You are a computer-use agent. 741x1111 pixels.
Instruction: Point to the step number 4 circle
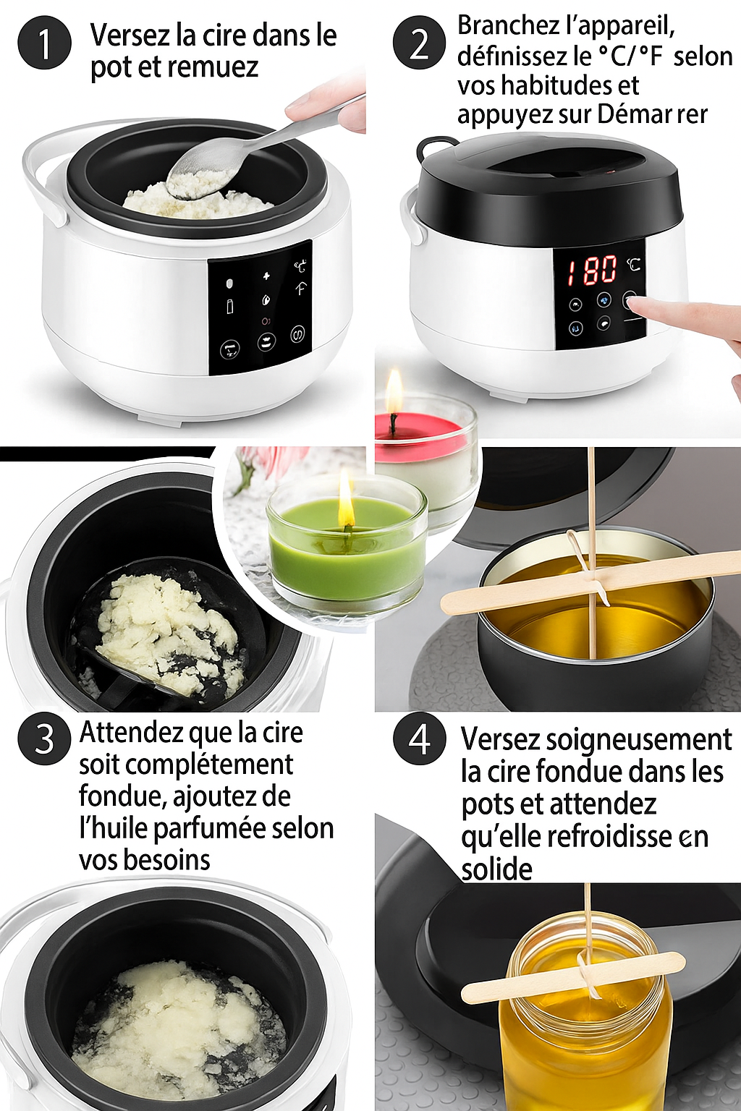[420, 740]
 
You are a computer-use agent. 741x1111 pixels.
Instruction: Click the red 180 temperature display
[592, 271]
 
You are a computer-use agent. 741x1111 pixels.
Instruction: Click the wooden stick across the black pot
[590, 580]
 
